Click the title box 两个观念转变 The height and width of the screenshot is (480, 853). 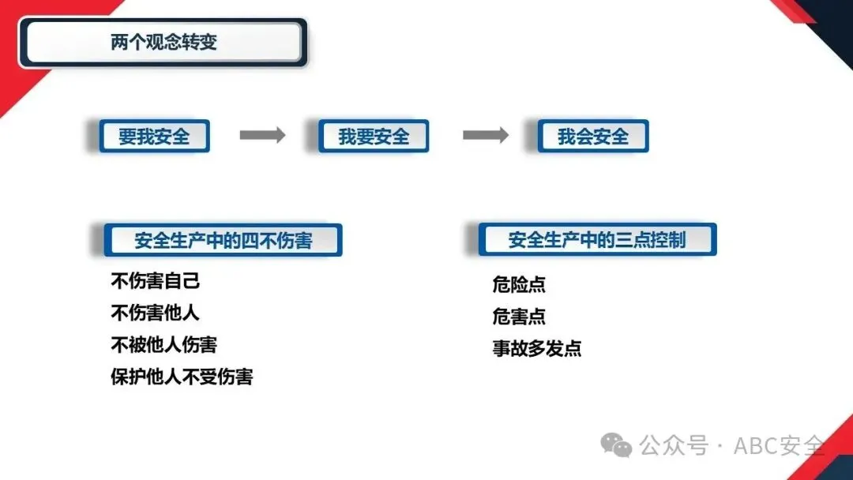point(163,43)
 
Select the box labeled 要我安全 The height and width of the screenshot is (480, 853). point(155,137)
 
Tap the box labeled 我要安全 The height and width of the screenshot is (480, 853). point(374,137)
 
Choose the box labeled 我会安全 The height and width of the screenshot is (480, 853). point(592,137)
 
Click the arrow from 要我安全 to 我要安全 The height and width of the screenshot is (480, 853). point(262,136)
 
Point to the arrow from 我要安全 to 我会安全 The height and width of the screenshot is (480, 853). point(485,136)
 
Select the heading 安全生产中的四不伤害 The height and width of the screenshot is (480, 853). point(224,240)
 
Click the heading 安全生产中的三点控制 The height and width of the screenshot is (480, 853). point(597,240)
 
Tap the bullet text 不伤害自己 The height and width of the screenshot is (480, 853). point(156,281)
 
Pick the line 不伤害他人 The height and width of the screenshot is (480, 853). point(155,313)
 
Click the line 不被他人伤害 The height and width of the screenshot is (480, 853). point(163,345)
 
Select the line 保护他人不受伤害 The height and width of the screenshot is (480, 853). point(182,377)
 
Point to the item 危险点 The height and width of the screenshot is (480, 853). point(519,285)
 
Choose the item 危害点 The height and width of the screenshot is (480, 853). point(519,317)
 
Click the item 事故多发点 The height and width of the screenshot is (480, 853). point(537,349)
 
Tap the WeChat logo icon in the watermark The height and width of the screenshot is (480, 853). point(616,445)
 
